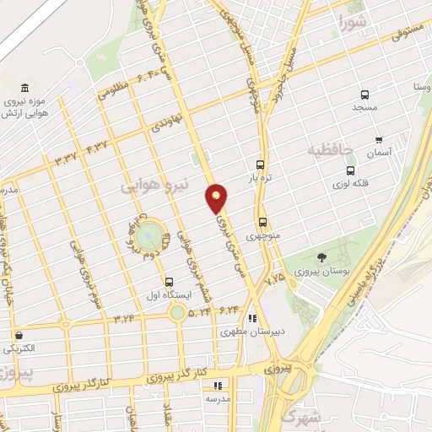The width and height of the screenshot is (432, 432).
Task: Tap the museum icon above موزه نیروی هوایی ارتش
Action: click(24, 89)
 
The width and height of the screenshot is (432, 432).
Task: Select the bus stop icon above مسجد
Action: click(364, 95)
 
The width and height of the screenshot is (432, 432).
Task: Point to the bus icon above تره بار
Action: click(260, 165)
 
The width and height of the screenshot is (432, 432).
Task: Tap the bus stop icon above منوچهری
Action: click(262, 223)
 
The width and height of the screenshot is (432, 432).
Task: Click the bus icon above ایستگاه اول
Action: click(169, 282)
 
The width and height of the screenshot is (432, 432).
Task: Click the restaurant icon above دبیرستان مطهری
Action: click(251, 319)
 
